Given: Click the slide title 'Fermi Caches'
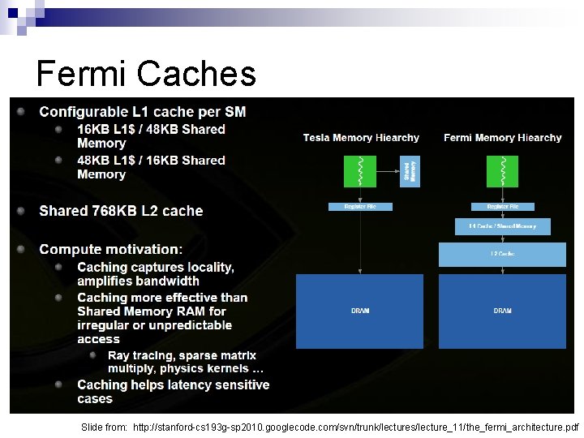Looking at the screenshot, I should pyautogui.click(x=146, y=74).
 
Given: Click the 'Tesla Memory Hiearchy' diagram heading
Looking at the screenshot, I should pyautogui.click(x=361, y=138).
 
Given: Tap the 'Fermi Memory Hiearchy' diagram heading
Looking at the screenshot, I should pyautogui.click(x=502, y=138).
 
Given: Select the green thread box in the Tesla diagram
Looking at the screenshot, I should pyautogui.click(x=360, y=171).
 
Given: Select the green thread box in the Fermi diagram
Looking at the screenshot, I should pyautogui.click(x=502, y=171).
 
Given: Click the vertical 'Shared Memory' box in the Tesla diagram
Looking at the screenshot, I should pyautogui.click(x=409, y=171).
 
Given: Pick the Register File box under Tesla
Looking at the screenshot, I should pyautogui.click(x=360, y=207).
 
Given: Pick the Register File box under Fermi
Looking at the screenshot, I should pyautogui.click(x=502, y=207).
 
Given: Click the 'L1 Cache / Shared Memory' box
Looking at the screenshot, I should pyautogui.click(x=502, y=227).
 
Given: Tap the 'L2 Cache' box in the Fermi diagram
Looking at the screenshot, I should pyautogui.click(x=502, y=255).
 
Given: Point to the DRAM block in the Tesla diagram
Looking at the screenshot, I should pyautogui.click(x=359, y=311).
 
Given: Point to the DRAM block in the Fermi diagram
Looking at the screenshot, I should pyautogui.click(x=502, y=311).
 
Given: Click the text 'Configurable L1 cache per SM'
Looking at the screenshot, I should pyautogui.click(x=143, y=112).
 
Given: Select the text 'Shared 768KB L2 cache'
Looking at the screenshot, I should pyautogui.click(x=121, y=211).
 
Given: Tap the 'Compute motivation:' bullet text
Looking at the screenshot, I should pyautogui.click(x=111, y=249).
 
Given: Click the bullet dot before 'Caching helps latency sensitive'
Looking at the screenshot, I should pyautogui.click(x=58, y=384).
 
